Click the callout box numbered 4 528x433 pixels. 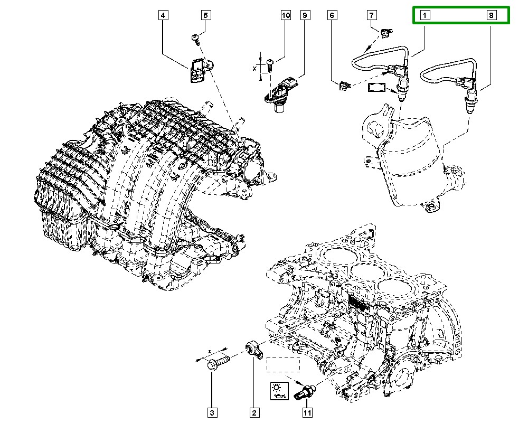click(x=163, y=16)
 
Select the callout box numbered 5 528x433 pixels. click(x=206, y=16)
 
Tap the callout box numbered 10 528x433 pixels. click(x=285, y=16)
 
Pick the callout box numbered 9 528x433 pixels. click(x=305, y=16)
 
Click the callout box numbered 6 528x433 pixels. click(x=332, y=16)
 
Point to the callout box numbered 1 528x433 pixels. click(x=425, y=16)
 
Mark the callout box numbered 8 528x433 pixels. click(x=491, y=16)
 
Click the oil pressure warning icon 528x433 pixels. click(x=278, y=391)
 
